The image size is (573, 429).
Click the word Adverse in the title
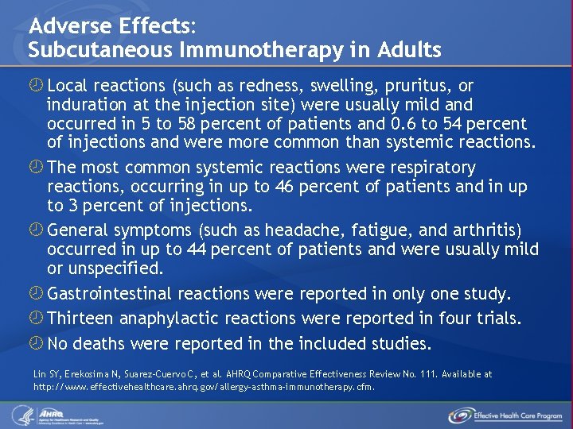click(65, 25)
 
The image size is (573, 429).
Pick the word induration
click(87, 105)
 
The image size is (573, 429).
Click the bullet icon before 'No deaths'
click(37, 343)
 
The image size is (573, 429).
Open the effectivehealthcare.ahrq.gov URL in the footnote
click(204, 387)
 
